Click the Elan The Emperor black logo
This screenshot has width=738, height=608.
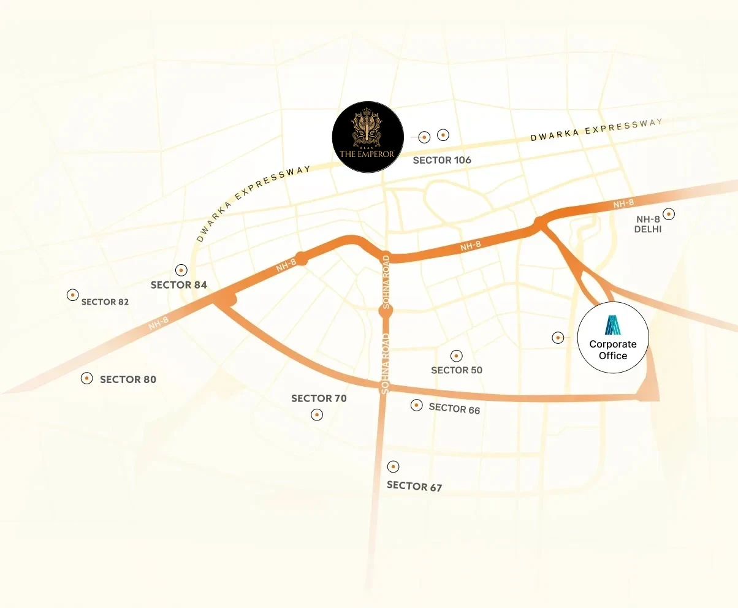[x=367, y=137]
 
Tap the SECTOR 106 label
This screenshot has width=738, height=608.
[x=442, y=160]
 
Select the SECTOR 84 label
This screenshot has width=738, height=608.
[x=179, y=285]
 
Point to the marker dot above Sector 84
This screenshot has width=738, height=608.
[x=181, y=270]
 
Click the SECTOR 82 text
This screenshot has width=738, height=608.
[x=105, y=302]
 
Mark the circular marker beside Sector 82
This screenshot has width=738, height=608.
[x=72, y=295]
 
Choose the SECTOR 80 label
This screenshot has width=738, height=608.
[x=128, y=379]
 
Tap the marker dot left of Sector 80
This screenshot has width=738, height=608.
[x=87, y=378]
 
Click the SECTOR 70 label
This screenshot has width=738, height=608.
[x=319, y=398]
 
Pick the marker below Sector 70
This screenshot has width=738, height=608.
[x=317, y=415]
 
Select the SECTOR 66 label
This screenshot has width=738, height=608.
[x=454, y=408]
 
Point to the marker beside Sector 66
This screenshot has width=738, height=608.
[x=417, y=405]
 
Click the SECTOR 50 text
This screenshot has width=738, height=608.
[x=457, y=370]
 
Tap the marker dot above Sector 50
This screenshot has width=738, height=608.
[x=456, y=355]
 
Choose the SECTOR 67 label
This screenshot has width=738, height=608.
[x=414, y=486]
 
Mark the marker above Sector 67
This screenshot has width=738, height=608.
[x=394, y=466]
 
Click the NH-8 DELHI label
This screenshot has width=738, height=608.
[x=649, y=224]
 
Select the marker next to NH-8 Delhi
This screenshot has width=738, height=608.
[x=669, y=214]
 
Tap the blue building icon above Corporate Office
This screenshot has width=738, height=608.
[x=613, y=325]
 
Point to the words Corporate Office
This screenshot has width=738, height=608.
[x=613, y=350]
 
